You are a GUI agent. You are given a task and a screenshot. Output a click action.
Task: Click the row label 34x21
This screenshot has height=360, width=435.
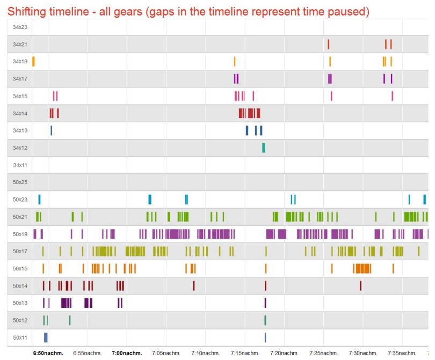20,45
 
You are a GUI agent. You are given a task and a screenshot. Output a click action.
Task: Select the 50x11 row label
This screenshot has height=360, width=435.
20,337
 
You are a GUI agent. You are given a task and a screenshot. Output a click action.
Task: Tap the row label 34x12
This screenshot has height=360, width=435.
20,148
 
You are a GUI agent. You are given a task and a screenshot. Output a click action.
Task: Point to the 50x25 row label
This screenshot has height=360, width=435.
20,182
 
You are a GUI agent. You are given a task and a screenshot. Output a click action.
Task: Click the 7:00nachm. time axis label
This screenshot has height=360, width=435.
127,354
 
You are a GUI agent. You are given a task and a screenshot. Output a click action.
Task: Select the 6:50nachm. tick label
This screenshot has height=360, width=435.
48,354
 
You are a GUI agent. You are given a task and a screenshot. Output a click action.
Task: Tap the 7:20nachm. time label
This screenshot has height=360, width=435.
285,354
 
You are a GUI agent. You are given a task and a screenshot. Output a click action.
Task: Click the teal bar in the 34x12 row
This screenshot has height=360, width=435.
264,148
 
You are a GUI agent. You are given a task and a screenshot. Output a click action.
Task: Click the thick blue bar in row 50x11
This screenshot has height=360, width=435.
46,337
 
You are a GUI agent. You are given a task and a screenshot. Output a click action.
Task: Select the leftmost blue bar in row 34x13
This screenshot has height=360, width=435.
51,130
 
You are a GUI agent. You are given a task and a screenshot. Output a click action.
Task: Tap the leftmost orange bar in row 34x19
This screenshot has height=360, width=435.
33,61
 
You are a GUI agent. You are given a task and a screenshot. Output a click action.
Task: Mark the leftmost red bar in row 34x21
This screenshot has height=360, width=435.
328,44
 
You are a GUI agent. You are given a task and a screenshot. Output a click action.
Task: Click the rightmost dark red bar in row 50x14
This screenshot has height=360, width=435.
360,286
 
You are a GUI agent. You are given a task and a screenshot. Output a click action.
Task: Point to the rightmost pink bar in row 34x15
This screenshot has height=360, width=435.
392,96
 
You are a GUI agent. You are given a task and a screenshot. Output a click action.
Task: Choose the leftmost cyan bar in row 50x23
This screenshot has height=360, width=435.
39,200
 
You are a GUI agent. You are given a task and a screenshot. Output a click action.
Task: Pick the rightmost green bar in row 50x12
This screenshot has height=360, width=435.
265,320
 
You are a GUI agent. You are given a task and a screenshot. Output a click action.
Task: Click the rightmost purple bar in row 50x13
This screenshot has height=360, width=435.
265,303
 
